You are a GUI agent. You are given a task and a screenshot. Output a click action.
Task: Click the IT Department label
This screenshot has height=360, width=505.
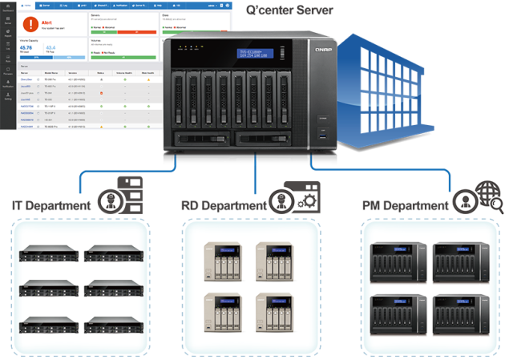[x=52, y=206]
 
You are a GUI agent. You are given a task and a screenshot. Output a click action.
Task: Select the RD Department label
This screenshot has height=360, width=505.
[x=224, y=206]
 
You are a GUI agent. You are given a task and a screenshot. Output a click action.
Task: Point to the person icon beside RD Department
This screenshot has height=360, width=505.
[x=280, y=200]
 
